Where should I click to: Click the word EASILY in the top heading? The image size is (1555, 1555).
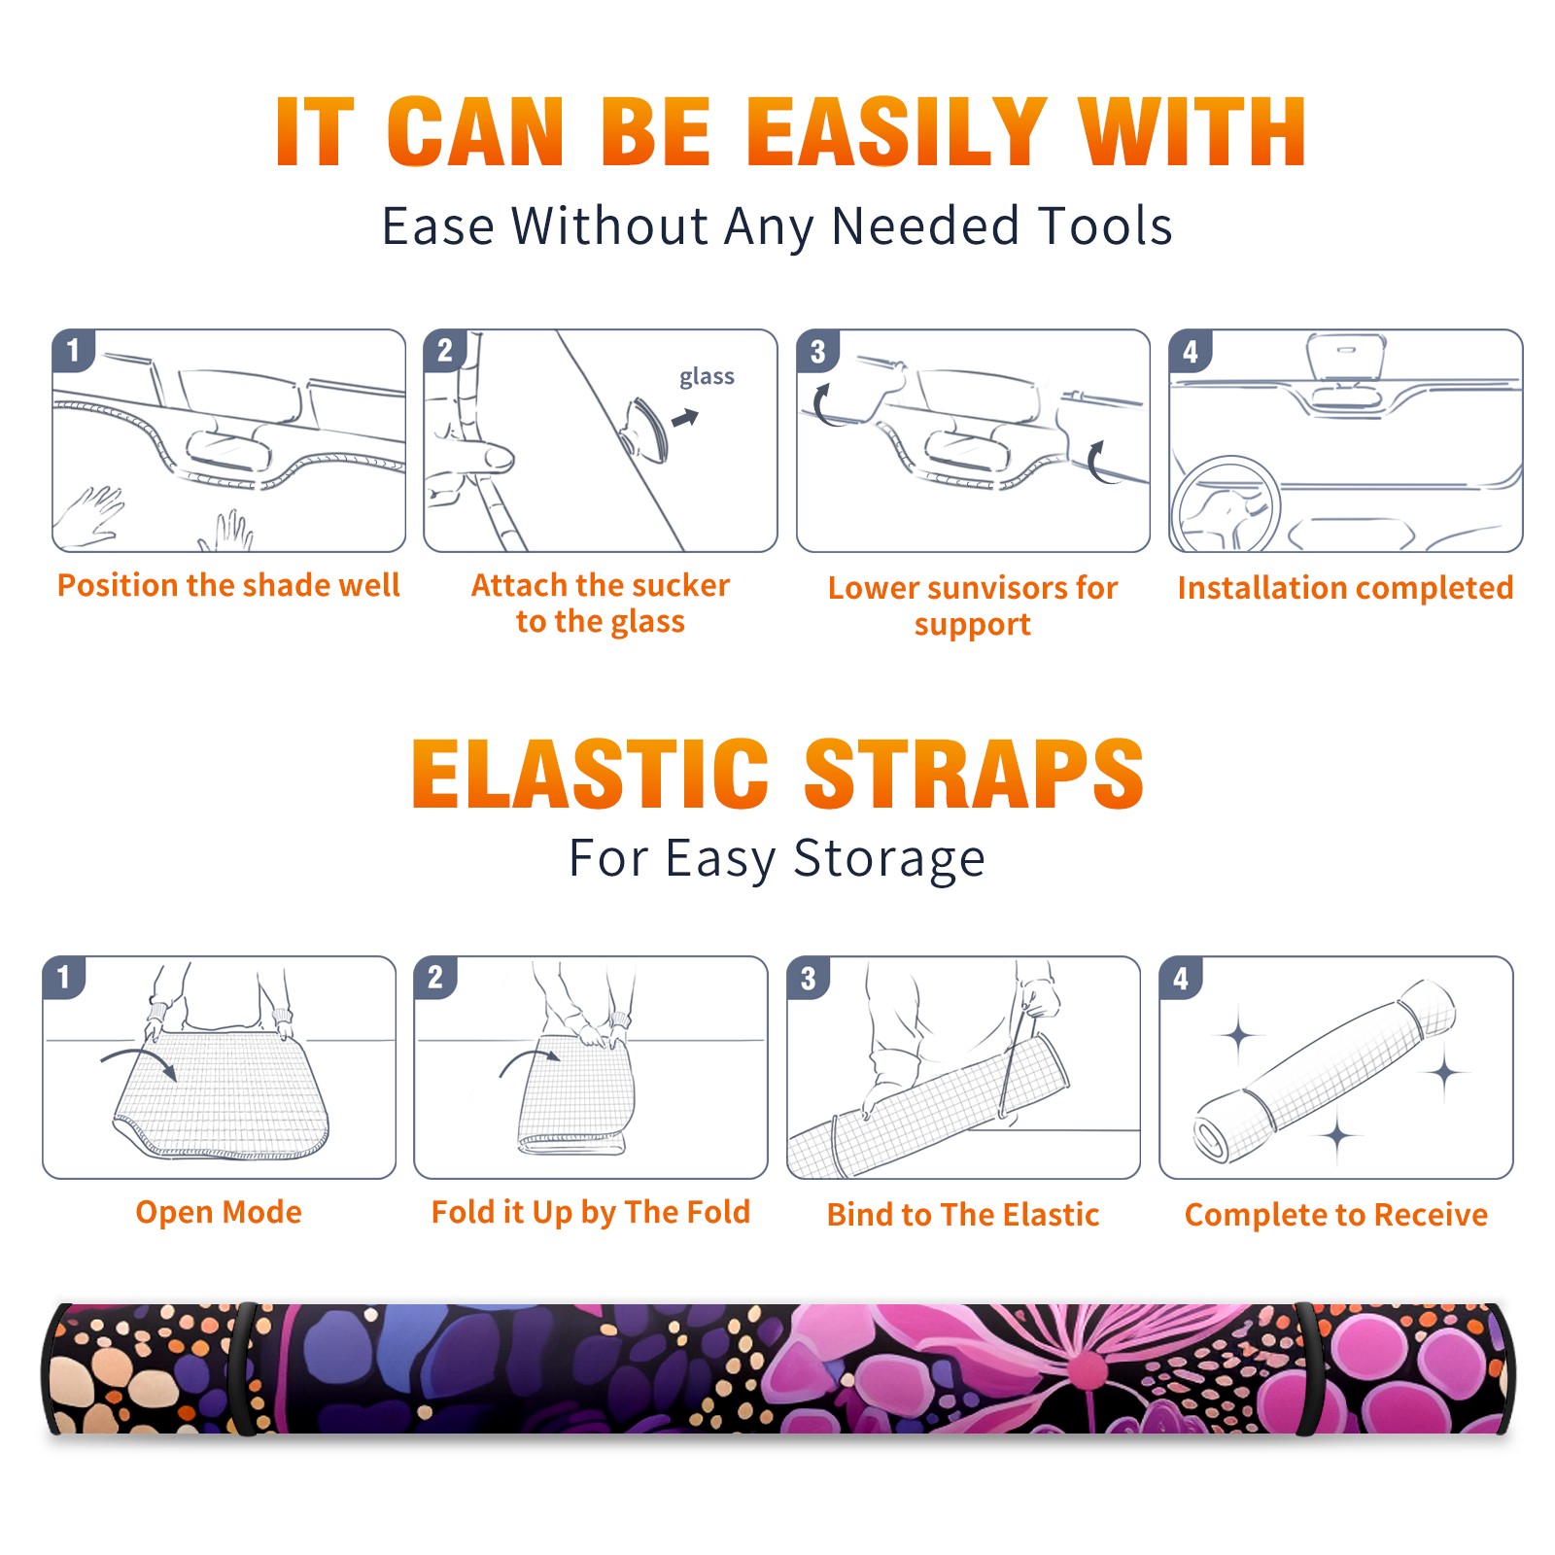[x=896, y=132]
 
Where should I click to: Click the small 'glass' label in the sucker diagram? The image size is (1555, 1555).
[x=707, y=377]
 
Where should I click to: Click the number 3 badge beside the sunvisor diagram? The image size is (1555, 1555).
[x=817, y=351]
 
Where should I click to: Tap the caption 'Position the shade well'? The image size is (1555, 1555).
[x=228, y=585]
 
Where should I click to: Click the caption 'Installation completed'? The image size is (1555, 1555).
[x=1345, y=588]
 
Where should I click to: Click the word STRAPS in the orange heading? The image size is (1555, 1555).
[x=974, y=774]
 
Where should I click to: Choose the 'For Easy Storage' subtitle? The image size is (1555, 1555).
[x=777, y=858]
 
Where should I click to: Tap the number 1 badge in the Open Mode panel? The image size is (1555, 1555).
[x=64, y=977]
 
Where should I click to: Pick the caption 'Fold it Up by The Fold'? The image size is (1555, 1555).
[x=591, y=1212]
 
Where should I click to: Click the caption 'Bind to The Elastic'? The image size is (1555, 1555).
[x=963, y=1215]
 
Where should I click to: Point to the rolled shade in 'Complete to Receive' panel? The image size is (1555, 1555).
[x=1325, y=1072]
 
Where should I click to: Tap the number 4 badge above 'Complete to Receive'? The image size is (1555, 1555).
[x=1181, y=977]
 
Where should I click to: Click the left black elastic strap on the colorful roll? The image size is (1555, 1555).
[x=243, y=1368]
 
